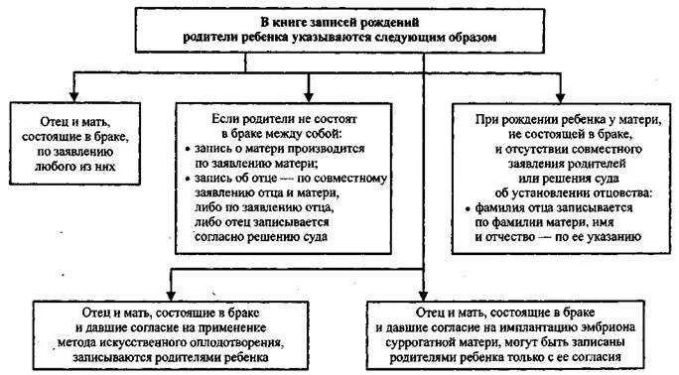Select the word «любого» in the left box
[x=56, y=167]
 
